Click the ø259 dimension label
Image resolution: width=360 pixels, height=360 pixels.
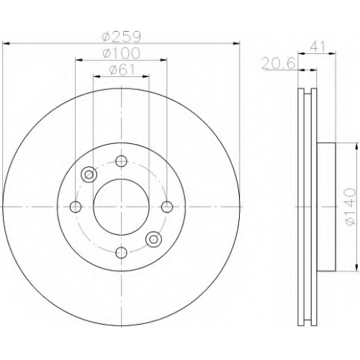121,37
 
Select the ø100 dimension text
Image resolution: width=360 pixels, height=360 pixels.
121,53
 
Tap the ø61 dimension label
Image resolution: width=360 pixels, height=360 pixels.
122,70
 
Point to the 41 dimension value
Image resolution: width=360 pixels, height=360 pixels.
318,47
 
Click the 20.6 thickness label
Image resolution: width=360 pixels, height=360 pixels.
279,64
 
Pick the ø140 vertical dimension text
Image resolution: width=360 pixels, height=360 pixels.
351,207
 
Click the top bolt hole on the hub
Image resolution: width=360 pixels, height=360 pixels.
121,161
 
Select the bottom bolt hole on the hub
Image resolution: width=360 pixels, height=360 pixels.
121,253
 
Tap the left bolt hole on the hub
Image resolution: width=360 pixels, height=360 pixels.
76,207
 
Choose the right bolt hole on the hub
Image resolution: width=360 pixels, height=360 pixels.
167,207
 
